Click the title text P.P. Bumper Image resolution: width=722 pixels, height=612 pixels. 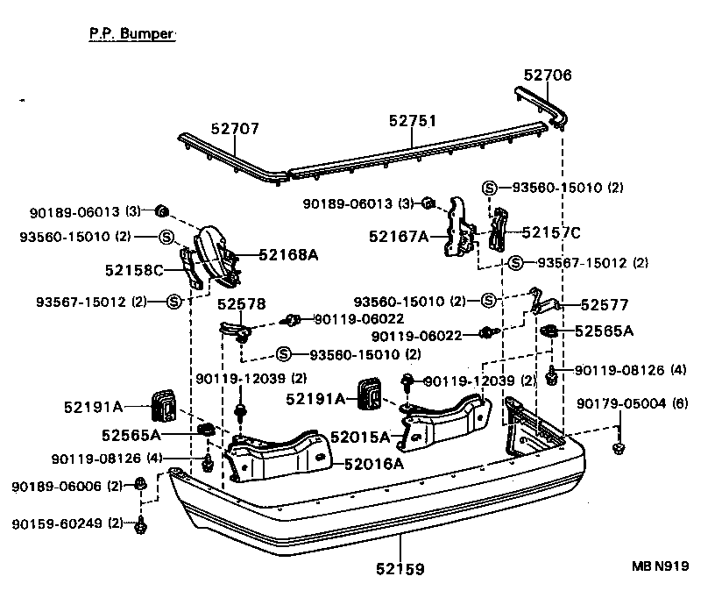pos(131,34)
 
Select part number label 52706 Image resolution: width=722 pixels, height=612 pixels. pos(548,75)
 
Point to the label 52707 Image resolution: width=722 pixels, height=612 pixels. pos(235,128)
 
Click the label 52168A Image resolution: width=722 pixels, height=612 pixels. pos(288,255)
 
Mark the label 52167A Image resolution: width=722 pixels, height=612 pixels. pos(399,236)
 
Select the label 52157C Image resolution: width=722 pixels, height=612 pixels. pos(551,232)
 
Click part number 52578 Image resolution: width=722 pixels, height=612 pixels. pos(241,303)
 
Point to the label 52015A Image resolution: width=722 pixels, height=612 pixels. pos(359,436)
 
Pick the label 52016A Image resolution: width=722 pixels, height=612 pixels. pos(373,464)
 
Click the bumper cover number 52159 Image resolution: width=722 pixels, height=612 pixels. pos(396,569)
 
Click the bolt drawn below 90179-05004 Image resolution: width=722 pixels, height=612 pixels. pos(619,448)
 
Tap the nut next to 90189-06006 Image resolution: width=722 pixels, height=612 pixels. pos(140,484)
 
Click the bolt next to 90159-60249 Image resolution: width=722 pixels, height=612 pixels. pos(140,525)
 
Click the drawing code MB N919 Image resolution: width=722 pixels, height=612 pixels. pos(660,566)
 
